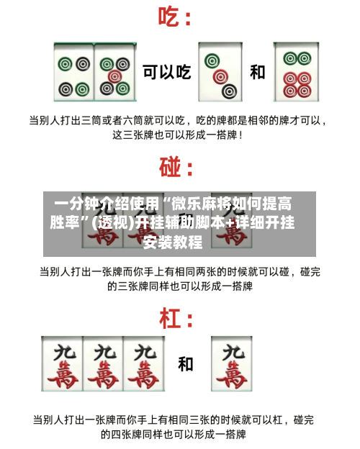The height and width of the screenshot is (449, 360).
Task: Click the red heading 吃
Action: (x=169, y=17)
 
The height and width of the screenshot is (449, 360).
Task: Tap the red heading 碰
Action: (x=170, y=167)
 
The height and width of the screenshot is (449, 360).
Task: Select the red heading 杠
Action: (x=170, y=318)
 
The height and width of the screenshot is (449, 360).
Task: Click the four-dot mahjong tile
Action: (x=74, y=72)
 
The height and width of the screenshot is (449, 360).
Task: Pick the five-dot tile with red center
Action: (x=115, y=72)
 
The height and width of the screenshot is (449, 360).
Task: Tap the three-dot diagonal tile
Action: (x=220, y=72)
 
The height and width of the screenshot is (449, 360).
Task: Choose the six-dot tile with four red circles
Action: (x=297, y=72)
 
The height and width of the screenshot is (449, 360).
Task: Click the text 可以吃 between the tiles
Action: (x=167, y=72)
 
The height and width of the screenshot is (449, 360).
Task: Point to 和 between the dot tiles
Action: (x=257, y=72)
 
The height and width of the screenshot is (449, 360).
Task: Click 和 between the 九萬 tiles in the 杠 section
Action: (x=186, y=364)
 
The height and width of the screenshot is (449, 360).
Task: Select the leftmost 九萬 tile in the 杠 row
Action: (x=62, y=363)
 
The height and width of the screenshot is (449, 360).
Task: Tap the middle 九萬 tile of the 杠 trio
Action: (x=103, y=363)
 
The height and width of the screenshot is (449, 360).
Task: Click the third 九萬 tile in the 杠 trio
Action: (x=144, y=363)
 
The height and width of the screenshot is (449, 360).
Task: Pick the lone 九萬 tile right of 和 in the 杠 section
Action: (x=232, y=363)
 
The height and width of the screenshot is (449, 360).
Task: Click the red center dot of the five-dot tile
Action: (x=115, y=76)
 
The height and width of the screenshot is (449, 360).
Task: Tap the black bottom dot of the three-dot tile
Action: (x=229, y=91)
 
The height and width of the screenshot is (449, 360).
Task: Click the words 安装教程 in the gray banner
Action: (x=173, y=242)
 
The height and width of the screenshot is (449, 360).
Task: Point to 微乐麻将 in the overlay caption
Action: (x=201, y=204)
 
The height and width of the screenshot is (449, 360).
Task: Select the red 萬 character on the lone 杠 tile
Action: (x=232, y=374)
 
